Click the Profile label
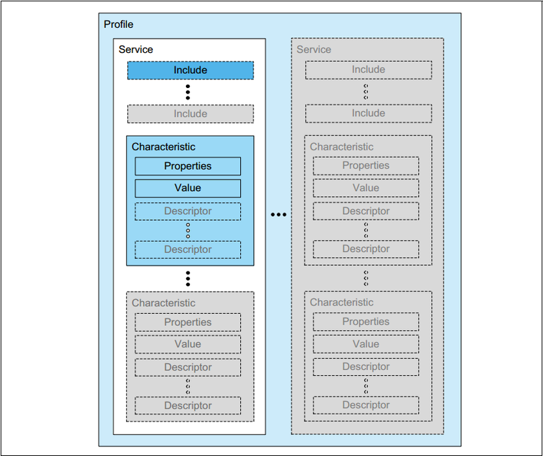pos(118,25)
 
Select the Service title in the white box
pos(136,49)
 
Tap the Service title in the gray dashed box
pos(314,49)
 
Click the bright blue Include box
pos(190,70)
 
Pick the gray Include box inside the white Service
pos(190,114)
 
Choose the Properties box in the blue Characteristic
pos(187,166)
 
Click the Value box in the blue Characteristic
pos(187,188)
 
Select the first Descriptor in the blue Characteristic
pos(187,211)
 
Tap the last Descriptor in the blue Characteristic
pos(187,249)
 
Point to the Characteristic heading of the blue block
pos(164,147)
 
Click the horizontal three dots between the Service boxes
pos(278,215)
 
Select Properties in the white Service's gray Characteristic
pos(187,323)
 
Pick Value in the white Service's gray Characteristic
pos(187,344)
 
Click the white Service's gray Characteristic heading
pos(164,303)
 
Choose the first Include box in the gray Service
pos(368,70)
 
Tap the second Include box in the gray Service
pos(368,113)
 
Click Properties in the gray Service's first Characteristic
pos(366,165)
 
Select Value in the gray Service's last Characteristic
pos(366,344)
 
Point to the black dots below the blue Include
pos(188,92)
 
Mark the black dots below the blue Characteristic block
pos(188,278)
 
